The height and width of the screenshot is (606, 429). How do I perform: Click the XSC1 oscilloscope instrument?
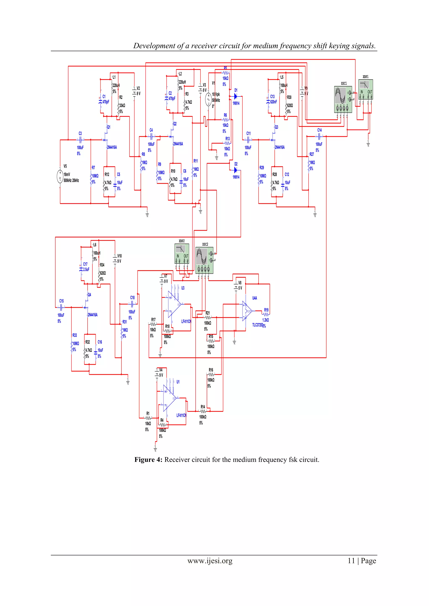click(343, 99)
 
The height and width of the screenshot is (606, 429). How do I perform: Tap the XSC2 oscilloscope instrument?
click(204, 260)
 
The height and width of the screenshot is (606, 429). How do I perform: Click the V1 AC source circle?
click(208, 100)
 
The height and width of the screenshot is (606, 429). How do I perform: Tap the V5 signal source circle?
click(60, 176)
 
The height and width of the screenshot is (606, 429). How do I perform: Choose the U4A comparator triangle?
click(247, 311)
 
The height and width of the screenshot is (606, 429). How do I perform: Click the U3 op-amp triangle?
click(174, 304)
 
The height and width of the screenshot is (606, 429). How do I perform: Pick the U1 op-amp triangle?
click(169, 398)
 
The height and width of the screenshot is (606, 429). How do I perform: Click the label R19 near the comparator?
click(266, 310)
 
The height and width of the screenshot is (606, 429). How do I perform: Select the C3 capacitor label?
click(80, 134)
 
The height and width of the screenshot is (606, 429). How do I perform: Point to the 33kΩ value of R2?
click(122, 105)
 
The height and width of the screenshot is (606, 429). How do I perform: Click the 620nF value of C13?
click(273, 102)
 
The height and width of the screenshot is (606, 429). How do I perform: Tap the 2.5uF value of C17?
click(86, 270)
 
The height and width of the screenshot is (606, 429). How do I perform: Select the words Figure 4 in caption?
click(148, 460)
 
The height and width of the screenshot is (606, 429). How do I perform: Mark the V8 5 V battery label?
click(240, 285)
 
